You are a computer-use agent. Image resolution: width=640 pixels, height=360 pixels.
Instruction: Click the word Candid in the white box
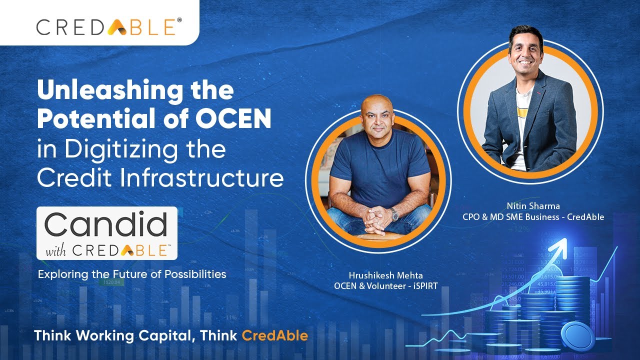pyautogui.click(x=106, y=224)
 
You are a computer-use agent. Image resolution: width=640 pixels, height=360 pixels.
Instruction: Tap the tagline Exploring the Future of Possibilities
pyautogui.click(x=132, y=274)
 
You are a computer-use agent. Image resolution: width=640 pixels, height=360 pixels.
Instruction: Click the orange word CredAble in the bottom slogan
pyautogui.click(x=274, y=335)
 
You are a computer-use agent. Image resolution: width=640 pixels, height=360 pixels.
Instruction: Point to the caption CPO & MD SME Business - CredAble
pyautogui.click(x=533, y=217)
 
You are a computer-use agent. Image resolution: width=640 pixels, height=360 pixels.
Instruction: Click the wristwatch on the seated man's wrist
pyautogui.click(x=395, y=214)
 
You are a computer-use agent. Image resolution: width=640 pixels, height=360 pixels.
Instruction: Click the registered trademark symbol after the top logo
pyautogui.click(x=179, y=20)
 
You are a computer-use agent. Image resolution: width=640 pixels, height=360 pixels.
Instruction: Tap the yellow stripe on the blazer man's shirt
pyautogui.click(x=523, y=112)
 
